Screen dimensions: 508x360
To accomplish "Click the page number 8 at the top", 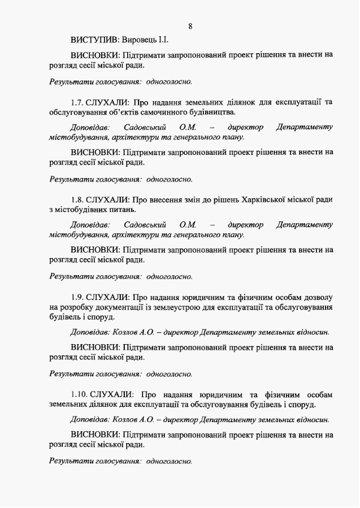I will pos(190,26).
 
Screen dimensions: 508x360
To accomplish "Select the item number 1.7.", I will pos(78,102).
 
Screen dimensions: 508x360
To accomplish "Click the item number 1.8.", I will pos(78,199).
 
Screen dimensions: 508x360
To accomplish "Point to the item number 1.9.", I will pos(78,297).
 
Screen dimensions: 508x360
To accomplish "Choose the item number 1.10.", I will pos(79,394).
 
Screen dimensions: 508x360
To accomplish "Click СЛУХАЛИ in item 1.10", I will pos(111,394).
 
